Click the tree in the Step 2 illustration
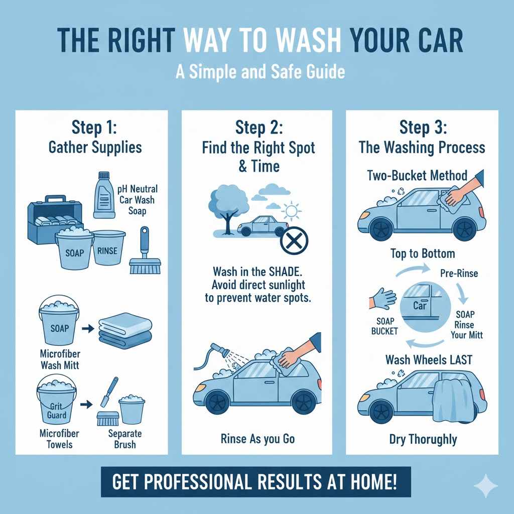225,208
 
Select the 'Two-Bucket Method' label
417,175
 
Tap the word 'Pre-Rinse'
458,274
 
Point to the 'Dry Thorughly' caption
423,440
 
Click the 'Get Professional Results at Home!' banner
255,483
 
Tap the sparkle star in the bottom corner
486,485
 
